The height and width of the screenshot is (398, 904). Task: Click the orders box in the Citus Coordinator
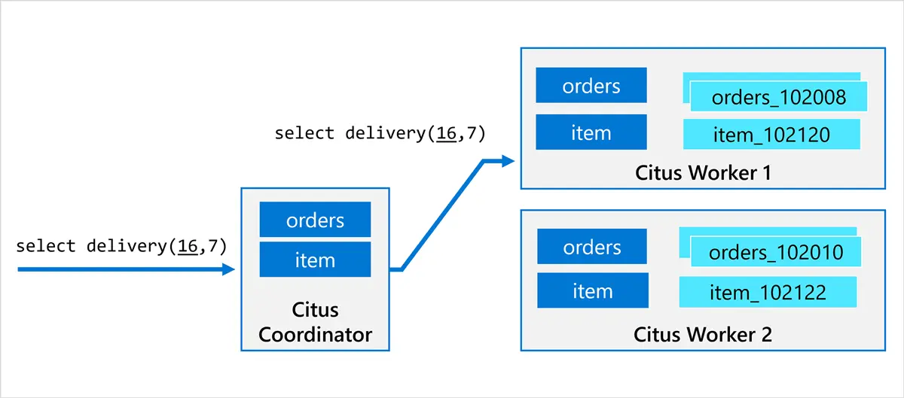(x=315, y=220)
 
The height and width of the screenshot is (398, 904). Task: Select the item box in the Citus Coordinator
(x=315, y=260)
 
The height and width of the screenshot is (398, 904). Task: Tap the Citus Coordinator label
(x=315, y=322)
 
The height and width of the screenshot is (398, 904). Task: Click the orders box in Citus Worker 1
(x=591, y=86)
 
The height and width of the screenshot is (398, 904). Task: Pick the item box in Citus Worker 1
(x=591, y=133)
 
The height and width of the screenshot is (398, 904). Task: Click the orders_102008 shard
(x=778, y=98)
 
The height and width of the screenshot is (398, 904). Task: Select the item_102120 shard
(x=771, y=135)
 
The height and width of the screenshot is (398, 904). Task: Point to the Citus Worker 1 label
(x=702, y=173)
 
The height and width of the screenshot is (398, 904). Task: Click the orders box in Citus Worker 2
(x=592, y=247)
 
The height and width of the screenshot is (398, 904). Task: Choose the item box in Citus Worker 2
(x=592, y=290)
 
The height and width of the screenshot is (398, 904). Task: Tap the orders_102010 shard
(x=776, y=252)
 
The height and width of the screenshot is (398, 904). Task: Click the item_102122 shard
(x=768, y=292)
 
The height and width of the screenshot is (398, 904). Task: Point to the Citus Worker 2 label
(x=702, y=334)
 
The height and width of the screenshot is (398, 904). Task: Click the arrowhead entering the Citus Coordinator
(x=228, y=269)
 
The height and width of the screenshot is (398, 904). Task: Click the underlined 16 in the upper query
(x=446, y=134)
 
